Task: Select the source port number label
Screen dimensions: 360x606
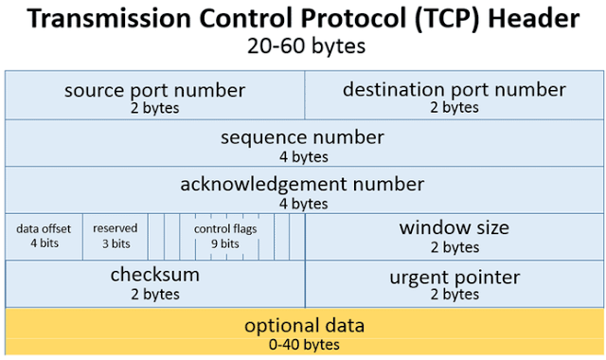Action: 154,90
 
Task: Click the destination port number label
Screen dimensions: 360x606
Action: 454,90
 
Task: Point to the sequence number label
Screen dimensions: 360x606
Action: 303,137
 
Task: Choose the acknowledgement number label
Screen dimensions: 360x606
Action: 303,185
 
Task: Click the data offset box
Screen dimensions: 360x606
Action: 45,235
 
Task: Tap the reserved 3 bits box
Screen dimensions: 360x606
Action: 115,235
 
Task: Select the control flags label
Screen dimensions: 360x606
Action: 225,228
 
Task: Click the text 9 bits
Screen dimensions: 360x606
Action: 224,243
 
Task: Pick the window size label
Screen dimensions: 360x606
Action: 454,227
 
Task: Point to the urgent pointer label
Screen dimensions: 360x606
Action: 454,278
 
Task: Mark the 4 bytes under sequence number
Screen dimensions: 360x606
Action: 303,155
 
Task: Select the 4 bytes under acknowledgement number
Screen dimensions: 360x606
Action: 303,203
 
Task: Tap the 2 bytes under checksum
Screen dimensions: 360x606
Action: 154,294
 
